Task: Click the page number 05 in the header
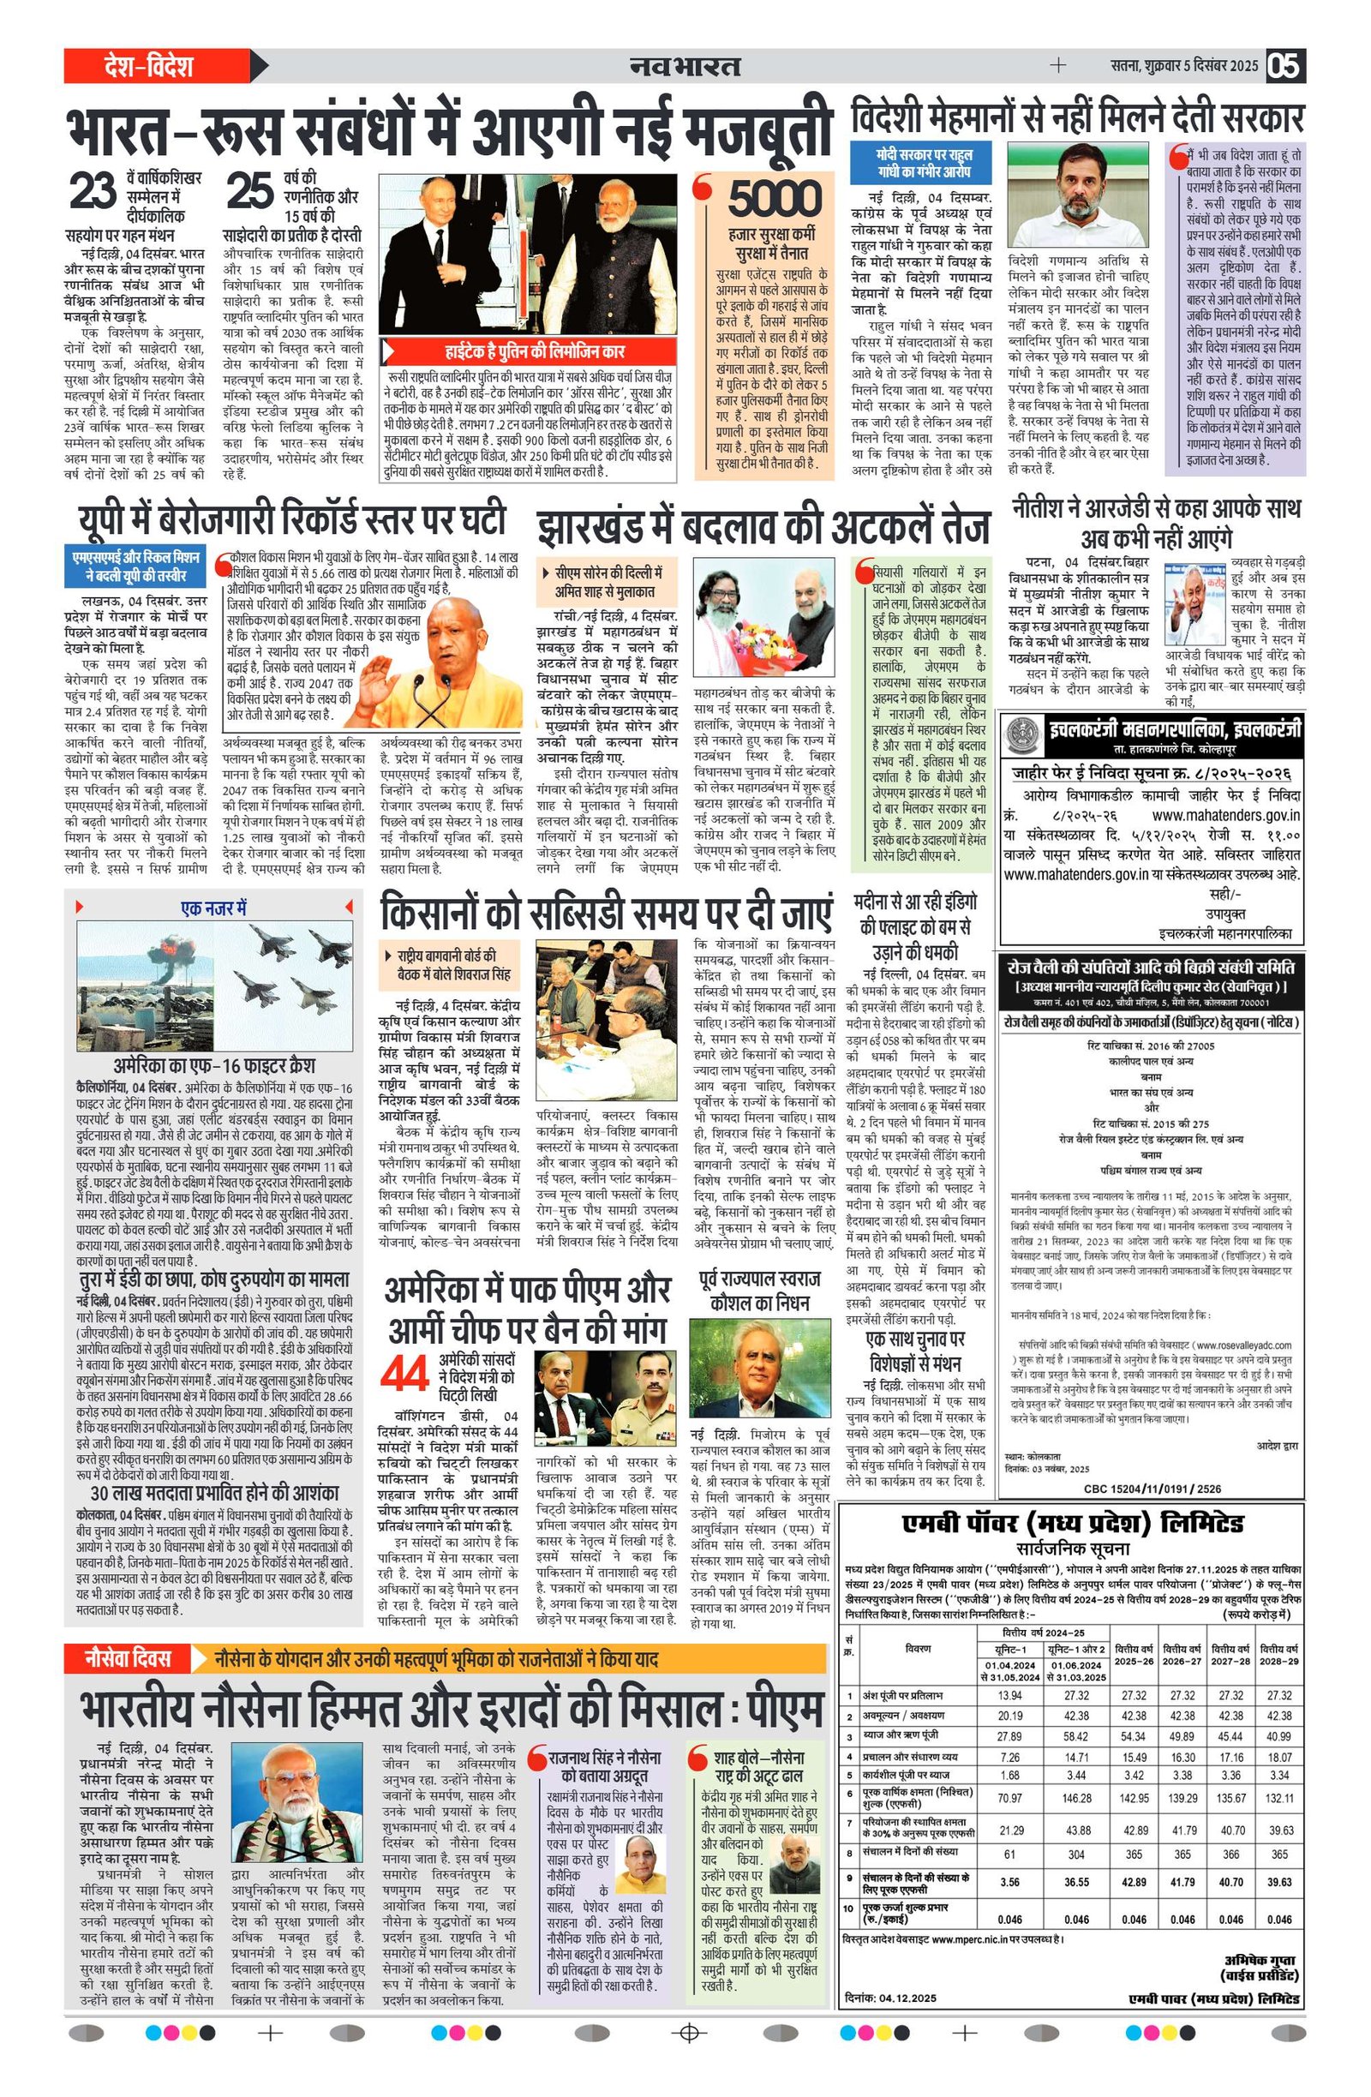pyautogui.click(x=1284, y=66)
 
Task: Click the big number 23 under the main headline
pyautogui.click(x=92, y=193)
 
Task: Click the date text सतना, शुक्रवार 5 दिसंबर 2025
pyautogui.click(x=1184, y=66)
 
